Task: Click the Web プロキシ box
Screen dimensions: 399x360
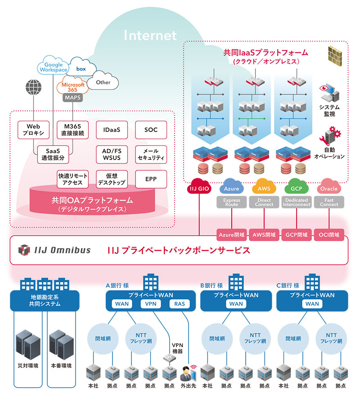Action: (34, 130)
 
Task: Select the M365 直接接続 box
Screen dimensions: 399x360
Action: (72, 130)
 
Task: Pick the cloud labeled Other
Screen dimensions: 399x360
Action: (103, 82)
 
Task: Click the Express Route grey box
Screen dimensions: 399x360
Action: (231, 202)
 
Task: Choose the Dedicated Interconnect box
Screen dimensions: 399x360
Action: (297, 202)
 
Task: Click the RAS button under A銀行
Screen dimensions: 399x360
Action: (179, 304)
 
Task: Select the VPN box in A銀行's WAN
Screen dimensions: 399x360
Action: (150, 304)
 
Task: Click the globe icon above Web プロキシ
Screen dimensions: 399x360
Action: (34, 87)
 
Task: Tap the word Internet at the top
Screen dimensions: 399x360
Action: (150, 35)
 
